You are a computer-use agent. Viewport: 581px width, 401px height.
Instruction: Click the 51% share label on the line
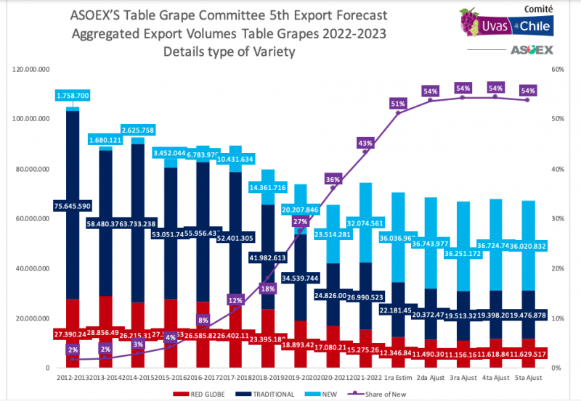397,104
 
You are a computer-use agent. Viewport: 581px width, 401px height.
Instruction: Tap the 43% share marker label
365,143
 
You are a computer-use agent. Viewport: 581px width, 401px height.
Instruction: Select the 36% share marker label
333,179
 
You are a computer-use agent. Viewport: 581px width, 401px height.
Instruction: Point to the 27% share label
301,221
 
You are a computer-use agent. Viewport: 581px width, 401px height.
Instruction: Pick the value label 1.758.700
73,96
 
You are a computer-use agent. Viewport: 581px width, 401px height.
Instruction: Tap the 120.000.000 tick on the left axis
31,69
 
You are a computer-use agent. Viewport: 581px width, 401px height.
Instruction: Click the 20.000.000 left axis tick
32,318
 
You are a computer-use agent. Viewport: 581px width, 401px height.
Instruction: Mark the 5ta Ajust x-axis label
528,378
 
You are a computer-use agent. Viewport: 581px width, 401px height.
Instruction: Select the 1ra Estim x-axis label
398,378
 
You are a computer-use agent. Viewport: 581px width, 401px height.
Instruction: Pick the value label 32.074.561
365,223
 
